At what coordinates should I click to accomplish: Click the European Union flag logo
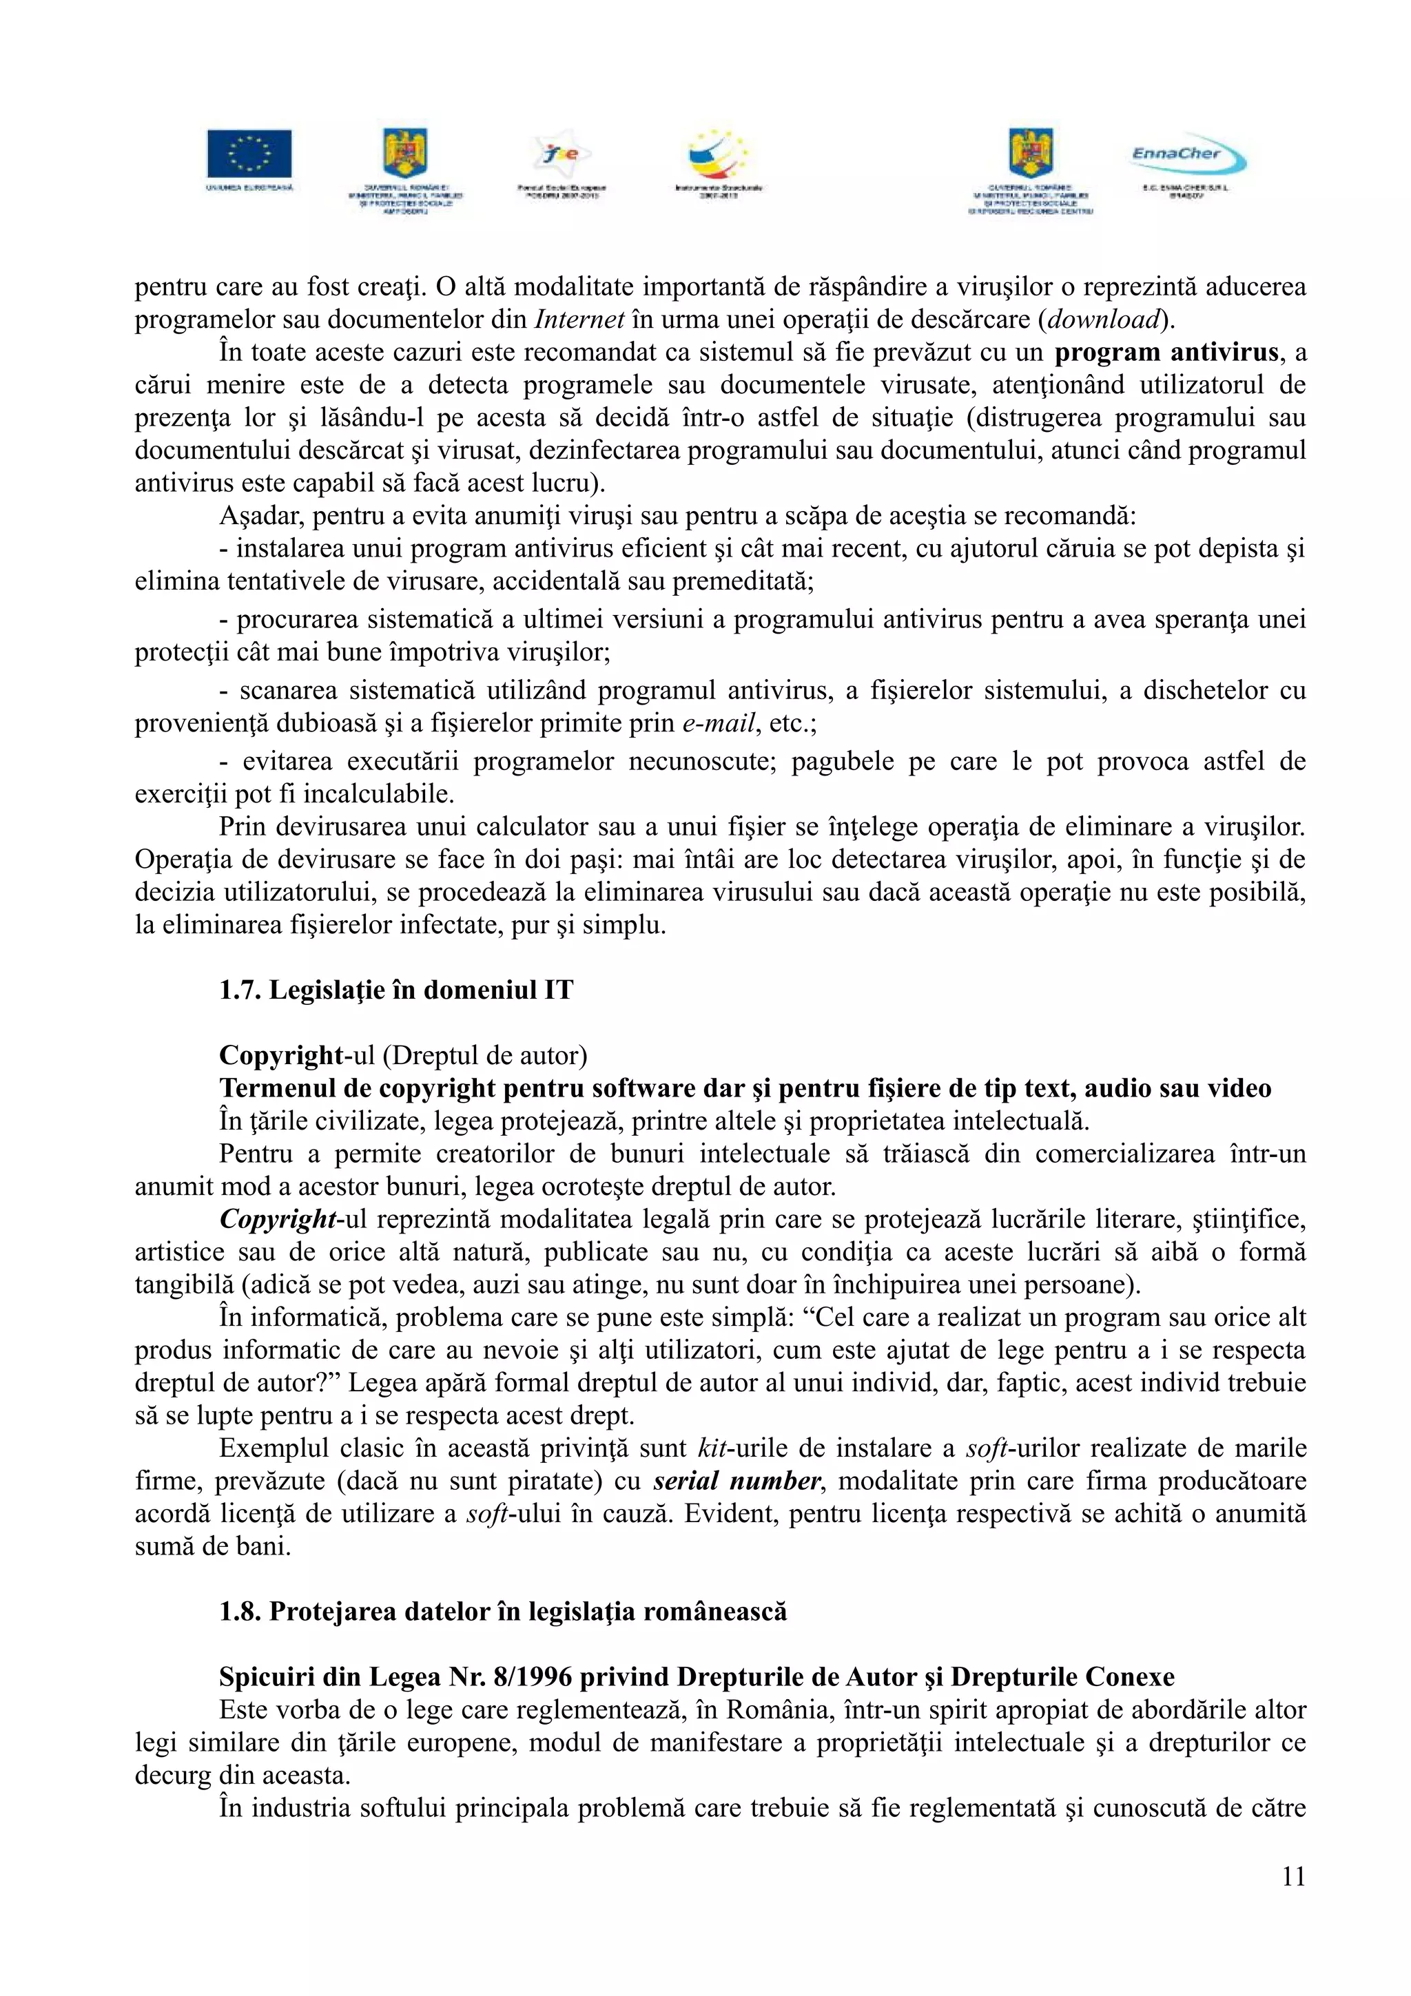coord(249,155)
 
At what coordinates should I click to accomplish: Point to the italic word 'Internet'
coord(579,320)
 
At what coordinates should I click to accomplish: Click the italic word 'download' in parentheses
coord(1103,320)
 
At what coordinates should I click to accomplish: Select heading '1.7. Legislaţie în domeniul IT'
coord(396,990)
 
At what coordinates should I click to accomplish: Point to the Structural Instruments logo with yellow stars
coord(718,155)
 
